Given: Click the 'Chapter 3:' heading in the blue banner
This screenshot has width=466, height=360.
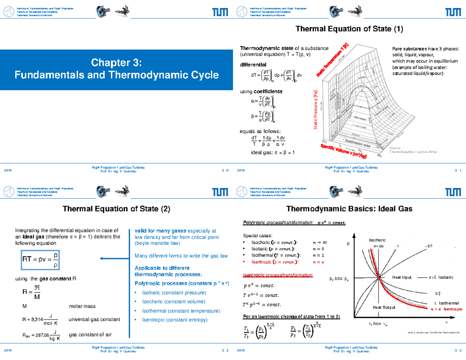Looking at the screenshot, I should (116, 63).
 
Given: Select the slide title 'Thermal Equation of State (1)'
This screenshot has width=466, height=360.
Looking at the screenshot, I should (349, 29).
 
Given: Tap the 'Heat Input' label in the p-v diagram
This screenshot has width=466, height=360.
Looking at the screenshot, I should (402, 277).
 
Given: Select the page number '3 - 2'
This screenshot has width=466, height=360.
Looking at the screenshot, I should (225, 350).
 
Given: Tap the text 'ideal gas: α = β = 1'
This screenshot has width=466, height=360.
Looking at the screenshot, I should (273, 152).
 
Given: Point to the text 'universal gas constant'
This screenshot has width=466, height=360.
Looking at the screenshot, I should (94, 320).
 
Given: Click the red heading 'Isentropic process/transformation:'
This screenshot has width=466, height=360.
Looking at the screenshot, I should (278, 275).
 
